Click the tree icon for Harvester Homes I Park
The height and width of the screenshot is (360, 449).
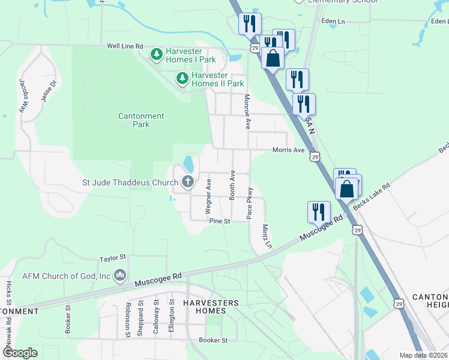(x=156, y=55)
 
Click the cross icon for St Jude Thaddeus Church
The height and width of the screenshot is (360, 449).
(x=188, y=182)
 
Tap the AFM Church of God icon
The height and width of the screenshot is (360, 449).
(x=120, y=275)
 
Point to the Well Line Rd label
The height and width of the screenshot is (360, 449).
(x=125, y=46)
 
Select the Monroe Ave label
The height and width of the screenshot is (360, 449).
(x=246, y=112)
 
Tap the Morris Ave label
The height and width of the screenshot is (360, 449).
(x=289, y=150)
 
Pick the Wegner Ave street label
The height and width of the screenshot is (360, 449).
(x=209, y=196)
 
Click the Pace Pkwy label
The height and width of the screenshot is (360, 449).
(x=250, y=203)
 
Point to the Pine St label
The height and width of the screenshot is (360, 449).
(x=220, y=221)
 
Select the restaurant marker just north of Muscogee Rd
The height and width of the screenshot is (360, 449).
(x=318, y=211)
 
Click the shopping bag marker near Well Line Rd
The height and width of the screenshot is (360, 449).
(x=273, y=59)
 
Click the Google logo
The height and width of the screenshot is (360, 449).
(x=20, y=352)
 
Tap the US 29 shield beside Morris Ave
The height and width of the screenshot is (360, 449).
(x=315, y=157)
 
